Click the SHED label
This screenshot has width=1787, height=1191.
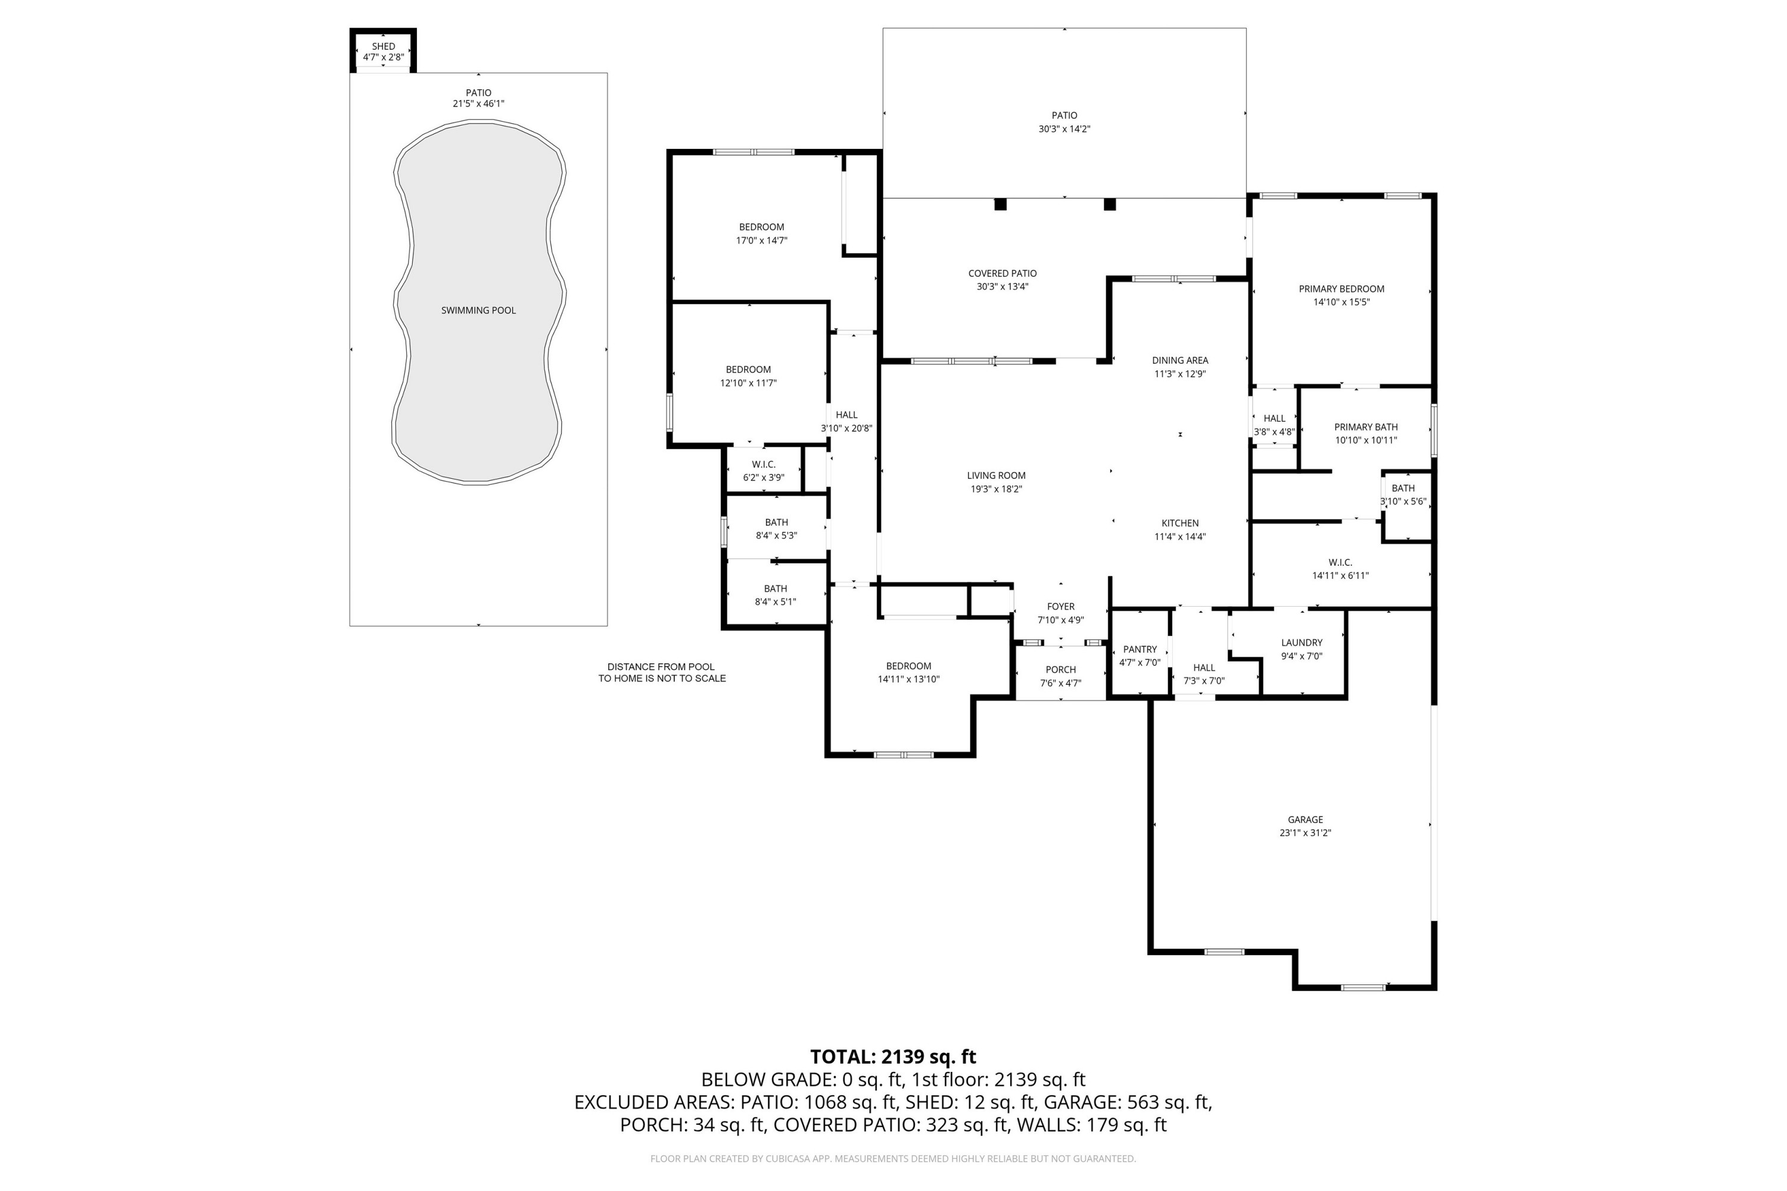tap(383, 46)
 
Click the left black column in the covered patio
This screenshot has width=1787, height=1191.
tap(1000, 204)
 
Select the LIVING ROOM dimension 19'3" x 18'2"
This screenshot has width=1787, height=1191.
tap(995, 489)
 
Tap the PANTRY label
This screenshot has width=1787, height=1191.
tap(1140, 650)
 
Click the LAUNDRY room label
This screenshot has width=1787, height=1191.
tap(1302, 643)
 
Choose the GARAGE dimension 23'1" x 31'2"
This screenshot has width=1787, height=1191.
tap(1305, 833)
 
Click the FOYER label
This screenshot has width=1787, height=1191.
tap(1061, 607)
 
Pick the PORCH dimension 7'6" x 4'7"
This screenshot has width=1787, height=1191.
tap(1061, 683)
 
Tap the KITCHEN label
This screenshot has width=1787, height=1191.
tap(1179, 523)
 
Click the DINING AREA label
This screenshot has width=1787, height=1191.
tap(1179, 361)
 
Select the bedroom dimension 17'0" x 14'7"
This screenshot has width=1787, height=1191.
tap(761, 241)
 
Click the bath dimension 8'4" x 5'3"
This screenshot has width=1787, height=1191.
tap(776, 535)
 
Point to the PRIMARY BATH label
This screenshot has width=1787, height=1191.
tap(1365, 427)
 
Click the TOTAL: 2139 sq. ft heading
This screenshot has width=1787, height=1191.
tap(893, 1056)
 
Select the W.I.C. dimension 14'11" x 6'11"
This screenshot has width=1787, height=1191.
tap(1340, 576)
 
